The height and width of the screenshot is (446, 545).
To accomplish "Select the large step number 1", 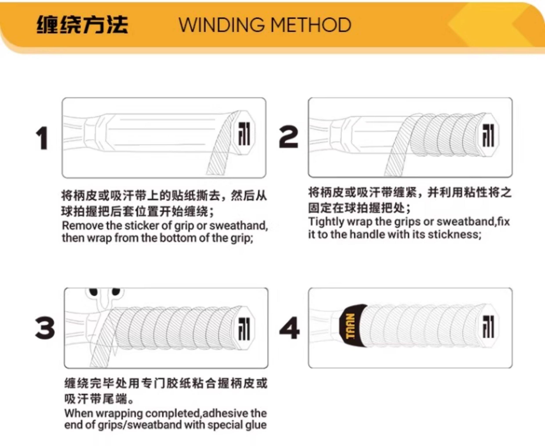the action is tap(42, 138).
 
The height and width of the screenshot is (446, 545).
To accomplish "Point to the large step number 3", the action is tap(45, 328).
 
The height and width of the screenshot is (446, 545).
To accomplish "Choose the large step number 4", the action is tap(289, 328).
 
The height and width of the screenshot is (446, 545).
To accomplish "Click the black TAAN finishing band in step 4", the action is tap(351, 326).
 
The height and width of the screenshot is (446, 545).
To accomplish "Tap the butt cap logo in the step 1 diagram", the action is tap(244, 134).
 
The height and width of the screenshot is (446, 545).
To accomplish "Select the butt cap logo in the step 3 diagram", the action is tap(244, 329).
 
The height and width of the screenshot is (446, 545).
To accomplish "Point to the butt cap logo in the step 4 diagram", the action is tap(488, 327).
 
